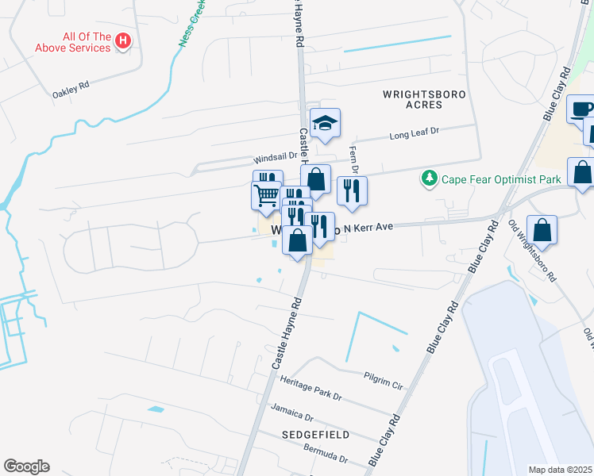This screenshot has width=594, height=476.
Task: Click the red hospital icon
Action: [122, 40]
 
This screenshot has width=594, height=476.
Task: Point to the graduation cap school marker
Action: [325, 123]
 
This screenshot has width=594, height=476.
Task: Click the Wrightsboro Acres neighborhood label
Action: [424, 99]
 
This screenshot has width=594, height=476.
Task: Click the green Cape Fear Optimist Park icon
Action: [430, 176]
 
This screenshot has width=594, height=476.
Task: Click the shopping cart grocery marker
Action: [265, 194]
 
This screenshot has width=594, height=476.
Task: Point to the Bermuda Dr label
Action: [326, 455]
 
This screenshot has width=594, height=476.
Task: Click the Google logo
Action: [26, 466]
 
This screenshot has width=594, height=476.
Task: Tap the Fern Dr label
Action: [354, 159]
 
